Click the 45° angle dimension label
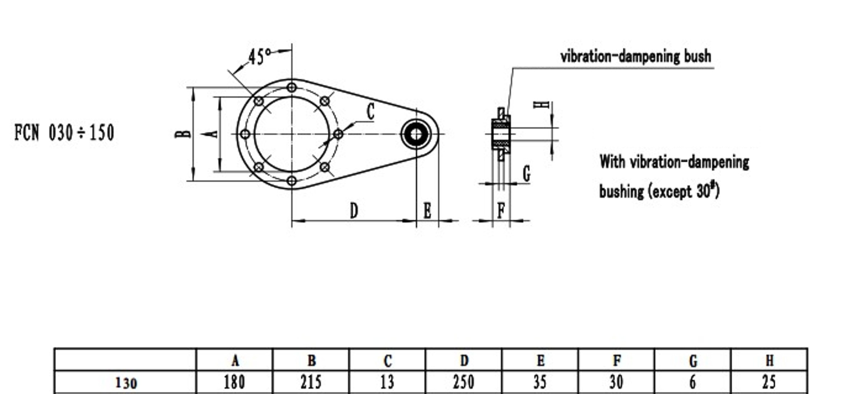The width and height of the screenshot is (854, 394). click(259, 57)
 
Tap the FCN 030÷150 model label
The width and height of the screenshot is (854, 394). click(64, 133)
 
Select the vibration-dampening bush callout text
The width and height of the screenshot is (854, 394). click(636, 56)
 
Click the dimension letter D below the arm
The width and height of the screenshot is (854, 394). click(354, 211)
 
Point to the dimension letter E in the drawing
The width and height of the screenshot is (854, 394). click(427, 211)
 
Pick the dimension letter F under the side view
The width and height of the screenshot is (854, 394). click(501, 210)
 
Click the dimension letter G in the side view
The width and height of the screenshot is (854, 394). click(526, 174)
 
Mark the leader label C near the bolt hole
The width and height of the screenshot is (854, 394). click(371, 111)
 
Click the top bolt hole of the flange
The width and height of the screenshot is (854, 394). click(292, 87)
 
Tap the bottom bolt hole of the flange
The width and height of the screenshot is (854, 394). click(292, 180)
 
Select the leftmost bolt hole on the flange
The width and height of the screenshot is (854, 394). click(245, 134)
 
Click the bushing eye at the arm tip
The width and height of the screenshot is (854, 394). click(416, 134)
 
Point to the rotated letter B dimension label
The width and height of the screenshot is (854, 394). click(183, 134)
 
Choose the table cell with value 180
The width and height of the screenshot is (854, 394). click(235, 382)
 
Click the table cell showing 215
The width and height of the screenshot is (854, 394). click(311, 382)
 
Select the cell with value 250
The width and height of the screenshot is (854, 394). click(464, 382)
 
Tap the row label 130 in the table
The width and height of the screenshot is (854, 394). click(126, 383)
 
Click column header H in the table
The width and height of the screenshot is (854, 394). click(769, 361)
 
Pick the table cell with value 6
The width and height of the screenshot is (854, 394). click(693, 382)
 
